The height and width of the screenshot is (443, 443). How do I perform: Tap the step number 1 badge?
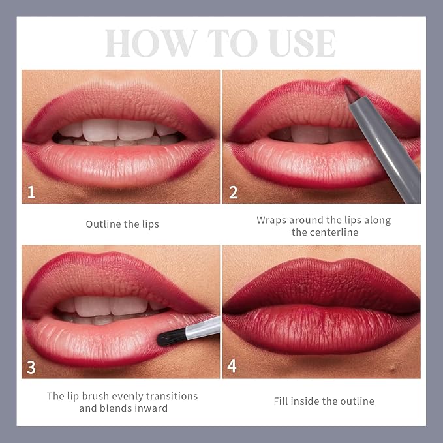click(31, 192)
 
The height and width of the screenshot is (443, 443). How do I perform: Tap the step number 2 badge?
click(232, 192)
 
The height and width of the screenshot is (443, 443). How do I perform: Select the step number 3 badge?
click(31, 367)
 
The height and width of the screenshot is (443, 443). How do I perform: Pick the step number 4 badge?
click(232, 367)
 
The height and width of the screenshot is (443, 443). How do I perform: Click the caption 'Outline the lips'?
click(122, 224)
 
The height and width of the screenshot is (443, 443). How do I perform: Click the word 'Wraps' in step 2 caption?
click(273, 220)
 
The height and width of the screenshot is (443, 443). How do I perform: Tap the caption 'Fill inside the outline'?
click(324, 401)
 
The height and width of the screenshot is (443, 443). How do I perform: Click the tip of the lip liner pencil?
click(348, 89)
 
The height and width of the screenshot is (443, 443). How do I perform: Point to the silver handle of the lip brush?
click(202, 326)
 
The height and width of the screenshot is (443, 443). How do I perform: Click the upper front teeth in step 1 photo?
click(117, 129)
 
